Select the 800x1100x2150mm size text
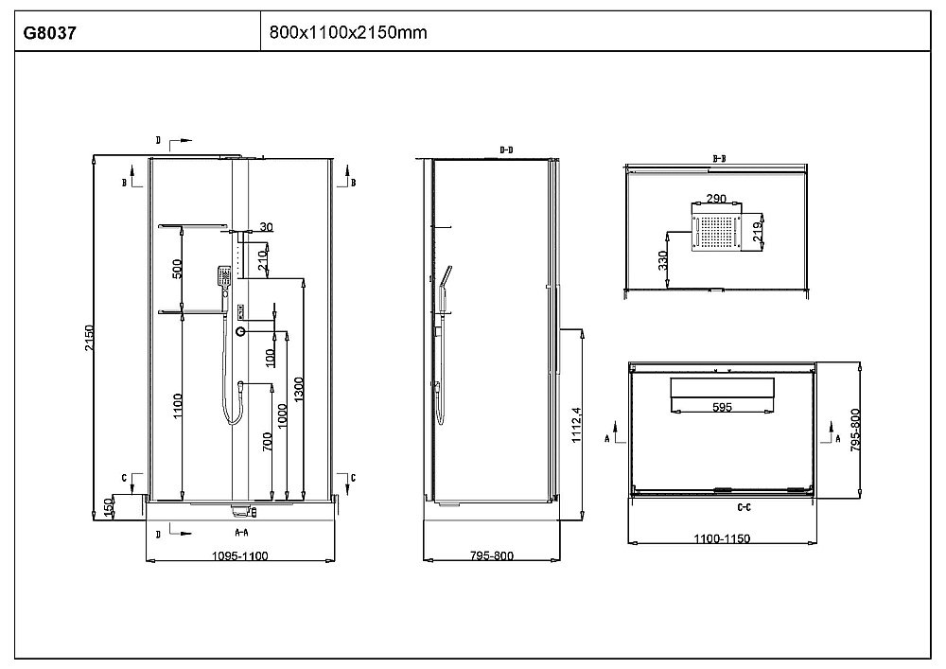[x=348, y=33]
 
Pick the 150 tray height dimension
[x=108, y=508]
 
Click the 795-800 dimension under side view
[x=490, y=556]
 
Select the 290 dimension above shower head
[x=716, y=200]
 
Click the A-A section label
[x=241, y=534]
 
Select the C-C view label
[x=745, y=508]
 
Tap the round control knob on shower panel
[x=242, y=331]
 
